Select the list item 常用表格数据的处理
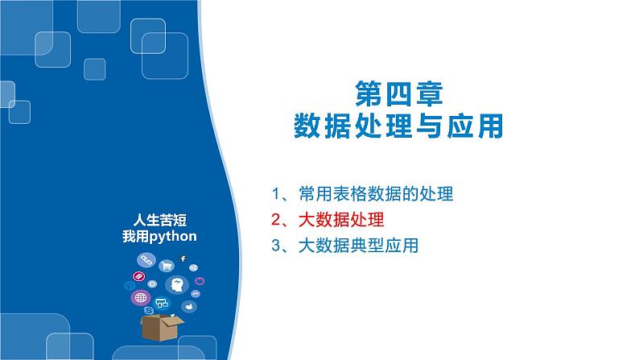click(x=375, y=194)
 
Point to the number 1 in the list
click(x=276, y=194)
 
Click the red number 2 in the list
click(x=276, y=220)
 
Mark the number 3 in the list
click(x=276, y=246)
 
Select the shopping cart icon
click(x=167, y=267)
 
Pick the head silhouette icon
click(x=176, y=285)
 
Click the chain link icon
click(x=146, y=259)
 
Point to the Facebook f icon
click(x=183, y=258)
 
